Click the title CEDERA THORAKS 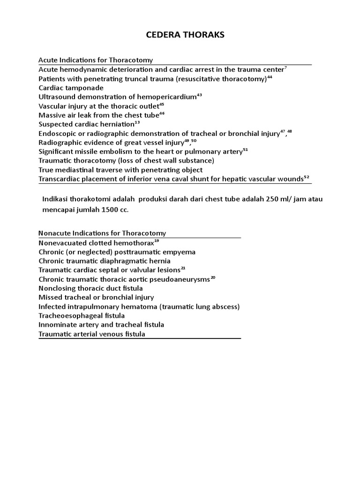(180, 36)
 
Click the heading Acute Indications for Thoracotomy (96, 60)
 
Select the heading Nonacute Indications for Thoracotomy (102, 233)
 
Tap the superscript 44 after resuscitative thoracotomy (270, 77)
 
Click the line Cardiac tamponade (71, 88)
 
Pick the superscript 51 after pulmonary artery (245, 150)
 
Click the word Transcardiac (60, 179)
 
